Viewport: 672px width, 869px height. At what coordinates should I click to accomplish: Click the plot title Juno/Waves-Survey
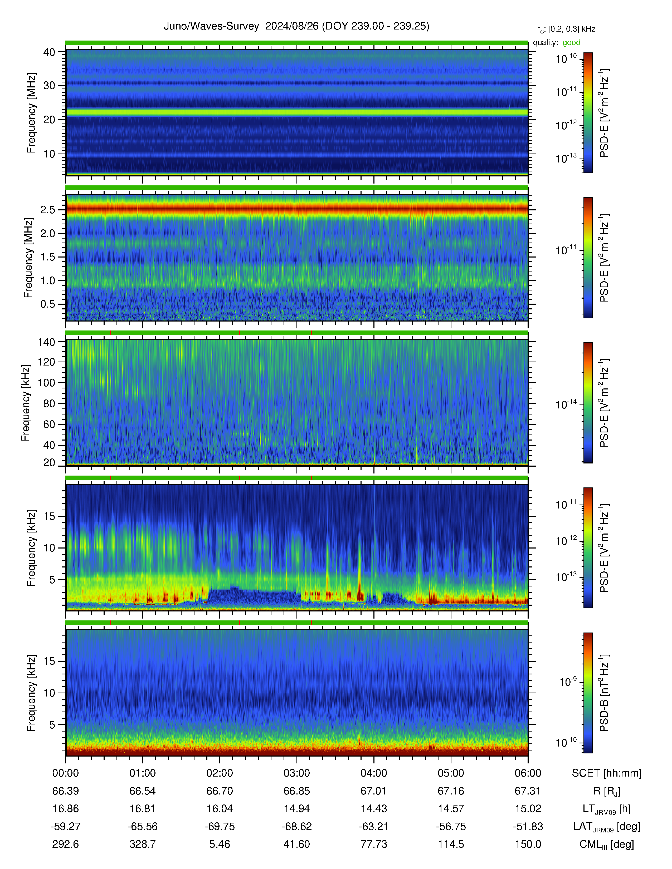pos(211,26)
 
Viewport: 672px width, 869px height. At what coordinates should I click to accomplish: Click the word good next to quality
pos(571,43)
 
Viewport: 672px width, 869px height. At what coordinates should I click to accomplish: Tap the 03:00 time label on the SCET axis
pos(296,773)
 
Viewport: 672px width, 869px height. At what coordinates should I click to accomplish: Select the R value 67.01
pos(374,791)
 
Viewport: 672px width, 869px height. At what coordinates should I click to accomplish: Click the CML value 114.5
pos(451,844)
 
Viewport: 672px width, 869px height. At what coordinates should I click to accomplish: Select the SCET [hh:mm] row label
pos(607,773)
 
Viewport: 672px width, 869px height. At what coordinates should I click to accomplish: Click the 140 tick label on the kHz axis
pos(46,342)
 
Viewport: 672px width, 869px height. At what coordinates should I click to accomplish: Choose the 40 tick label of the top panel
pos(49,52)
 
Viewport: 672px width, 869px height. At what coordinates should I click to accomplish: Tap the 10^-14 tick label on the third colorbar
pos(566,404)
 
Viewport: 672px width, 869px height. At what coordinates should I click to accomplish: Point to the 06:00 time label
pos(528,773)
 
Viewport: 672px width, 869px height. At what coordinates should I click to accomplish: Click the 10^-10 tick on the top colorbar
pos(566,58)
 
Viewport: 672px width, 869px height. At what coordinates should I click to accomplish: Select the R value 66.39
pos(66,791)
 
